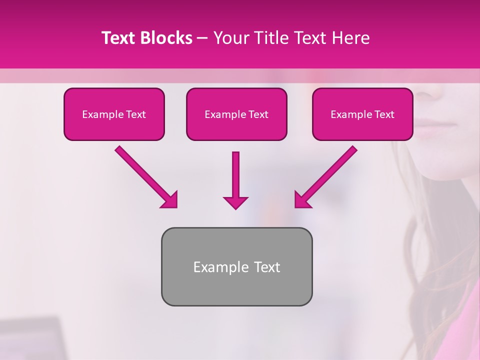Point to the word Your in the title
[x=229, y=38]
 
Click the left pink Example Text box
[x=114, y=114]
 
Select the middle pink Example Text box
[x=236, y=114]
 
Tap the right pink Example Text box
[x=362, y=114]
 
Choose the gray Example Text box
[x=236, y=266]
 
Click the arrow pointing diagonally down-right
[x=145, y=176]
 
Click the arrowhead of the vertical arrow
[x=235, y=202]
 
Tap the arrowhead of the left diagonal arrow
[x=170, y=200]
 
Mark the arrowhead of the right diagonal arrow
[x=302, y=200]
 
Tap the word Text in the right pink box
[x=384, y=114]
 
